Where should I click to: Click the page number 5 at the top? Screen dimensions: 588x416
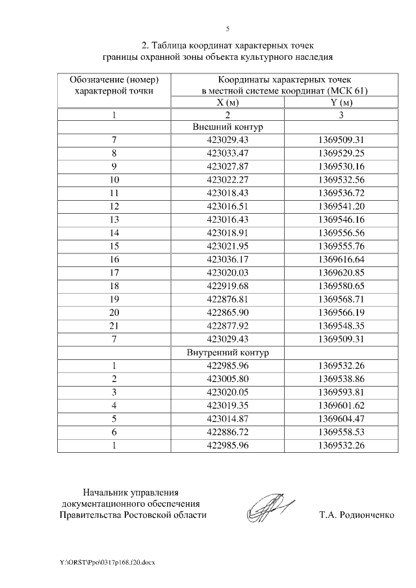point(227,29)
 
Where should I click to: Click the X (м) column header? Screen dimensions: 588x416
point(227,103)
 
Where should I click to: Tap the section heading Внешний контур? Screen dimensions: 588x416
point(227,127)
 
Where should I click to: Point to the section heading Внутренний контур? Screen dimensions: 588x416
point(227,353)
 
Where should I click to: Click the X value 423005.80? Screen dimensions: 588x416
point(227,377)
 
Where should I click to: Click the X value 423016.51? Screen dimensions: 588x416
point(227,206)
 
